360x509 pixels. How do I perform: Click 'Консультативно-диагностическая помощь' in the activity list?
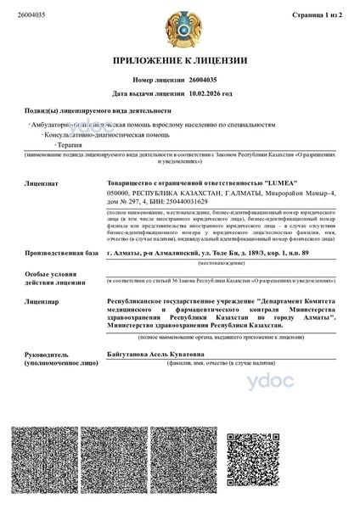(96, 135)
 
